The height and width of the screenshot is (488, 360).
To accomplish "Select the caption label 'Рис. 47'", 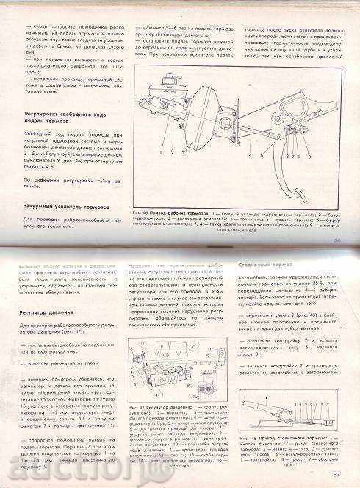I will point(137,406).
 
